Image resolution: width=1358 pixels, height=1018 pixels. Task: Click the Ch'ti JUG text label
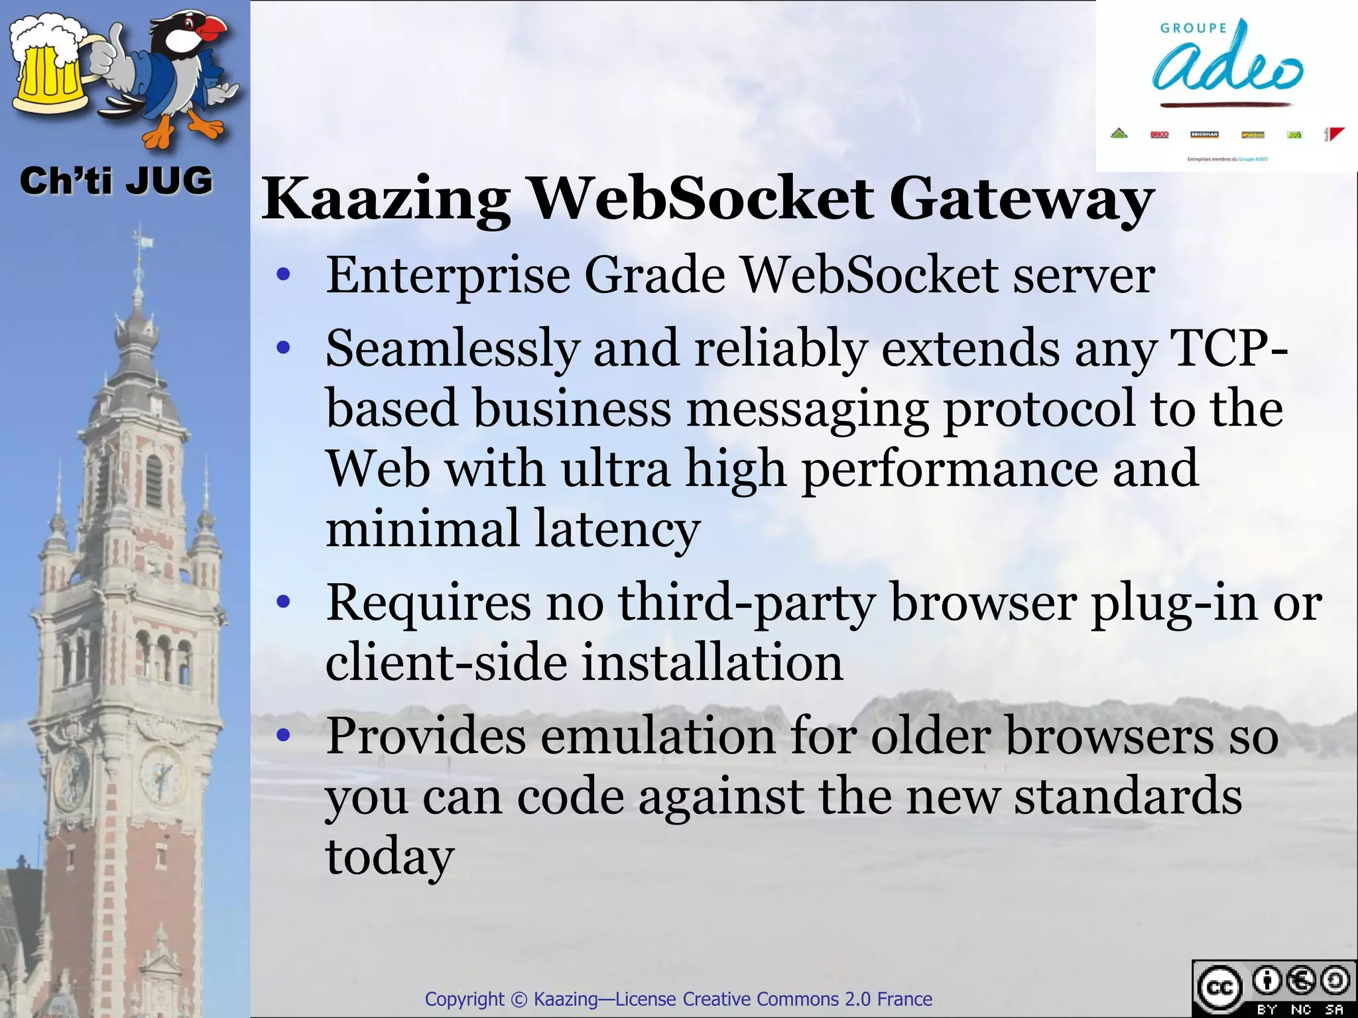coord(116,181)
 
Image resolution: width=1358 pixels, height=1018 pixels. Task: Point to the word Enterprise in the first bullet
coord(448,276)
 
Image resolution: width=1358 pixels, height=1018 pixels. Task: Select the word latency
coord(617,529)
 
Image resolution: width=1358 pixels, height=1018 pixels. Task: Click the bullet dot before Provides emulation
coord(284,735)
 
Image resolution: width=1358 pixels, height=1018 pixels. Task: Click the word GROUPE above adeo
coord(1194,28)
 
